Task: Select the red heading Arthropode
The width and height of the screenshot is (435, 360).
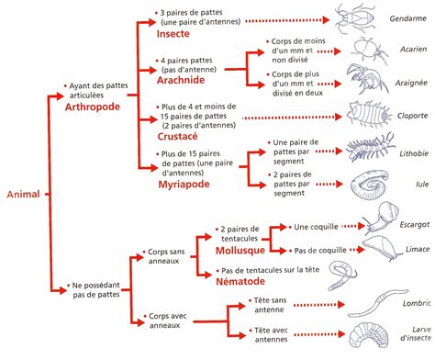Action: pyautogui.click(x=96, y=107)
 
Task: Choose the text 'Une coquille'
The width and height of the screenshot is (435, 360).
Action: pyautogui.click(x=315, y=226)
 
